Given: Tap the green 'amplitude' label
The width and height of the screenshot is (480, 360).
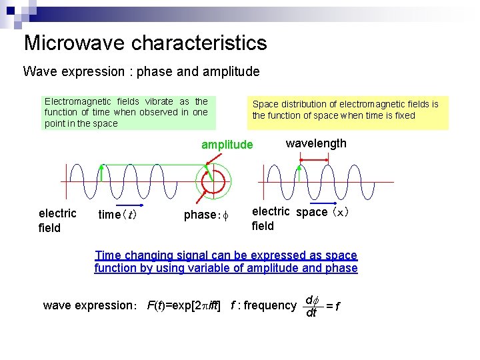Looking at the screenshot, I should coord(227,145).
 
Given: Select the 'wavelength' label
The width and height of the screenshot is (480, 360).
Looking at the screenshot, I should coord(316,143).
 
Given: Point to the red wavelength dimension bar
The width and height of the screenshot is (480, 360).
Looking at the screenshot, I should coord(314,159).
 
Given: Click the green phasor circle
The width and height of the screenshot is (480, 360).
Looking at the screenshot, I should coord(213,181).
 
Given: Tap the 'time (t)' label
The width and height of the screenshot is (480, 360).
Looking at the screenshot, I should coord(117,215).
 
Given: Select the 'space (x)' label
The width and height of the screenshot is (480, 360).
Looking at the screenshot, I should coord(323,212).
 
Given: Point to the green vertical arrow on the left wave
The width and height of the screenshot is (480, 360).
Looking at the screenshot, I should coord(101,172).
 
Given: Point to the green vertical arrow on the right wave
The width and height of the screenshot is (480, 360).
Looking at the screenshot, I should coord(300,173).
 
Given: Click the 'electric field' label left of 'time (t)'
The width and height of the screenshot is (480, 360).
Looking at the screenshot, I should coord(57,221).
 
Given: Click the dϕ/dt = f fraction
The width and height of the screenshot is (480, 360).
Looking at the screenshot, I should coord(321,305).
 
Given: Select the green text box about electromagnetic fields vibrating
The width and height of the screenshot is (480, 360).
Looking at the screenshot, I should coord(127,112).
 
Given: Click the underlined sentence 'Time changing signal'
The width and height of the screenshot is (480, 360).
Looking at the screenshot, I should coord(226,262).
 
